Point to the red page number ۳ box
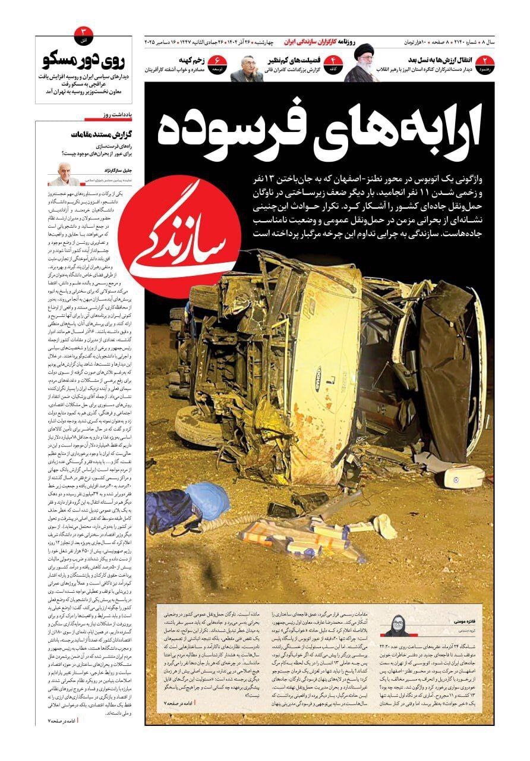coord(83,31)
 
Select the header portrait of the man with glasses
coord(247,68)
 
